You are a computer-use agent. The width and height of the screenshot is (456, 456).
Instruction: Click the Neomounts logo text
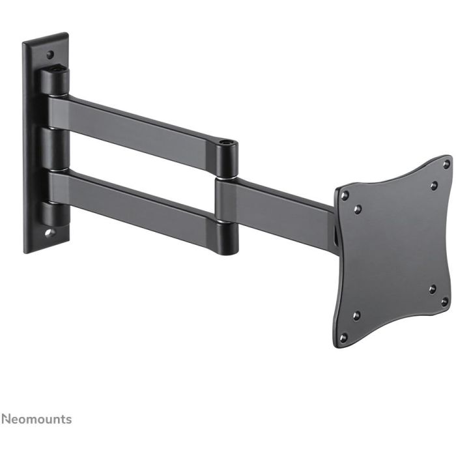point(36,419)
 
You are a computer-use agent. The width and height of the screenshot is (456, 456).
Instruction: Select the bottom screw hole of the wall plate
point(50,230)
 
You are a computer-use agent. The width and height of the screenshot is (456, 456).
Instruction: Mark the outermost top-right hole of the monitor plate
point(446,164)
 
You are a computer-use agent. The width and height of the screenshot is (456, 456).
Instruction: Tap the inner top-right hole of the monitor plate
point(433,186)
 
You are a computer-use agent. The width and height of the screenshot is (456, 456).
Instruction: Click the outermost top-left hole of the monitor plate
point(345,195)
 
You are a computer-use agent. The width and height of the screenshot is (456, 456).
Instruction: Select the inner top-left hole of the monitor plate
point(357,209)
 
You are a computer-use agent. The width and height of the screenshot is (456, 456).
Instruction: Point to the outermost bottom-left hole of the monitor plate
point(344,337)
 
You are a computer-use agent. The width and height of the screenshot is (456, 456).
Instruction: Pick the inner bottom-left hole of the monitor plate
point(356,315)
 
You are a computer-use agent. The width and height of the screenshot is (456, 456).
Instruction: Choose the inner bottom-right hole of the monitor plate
point(432,288)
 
